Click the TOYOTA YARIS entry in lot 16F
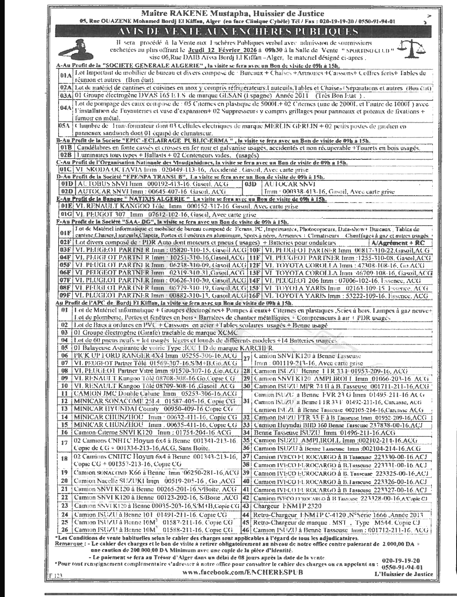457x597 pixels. coord(345,295)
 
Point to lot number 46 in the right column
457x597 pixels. coord(246,530)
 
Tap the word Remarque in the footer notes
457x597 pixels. coord(68,544)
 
